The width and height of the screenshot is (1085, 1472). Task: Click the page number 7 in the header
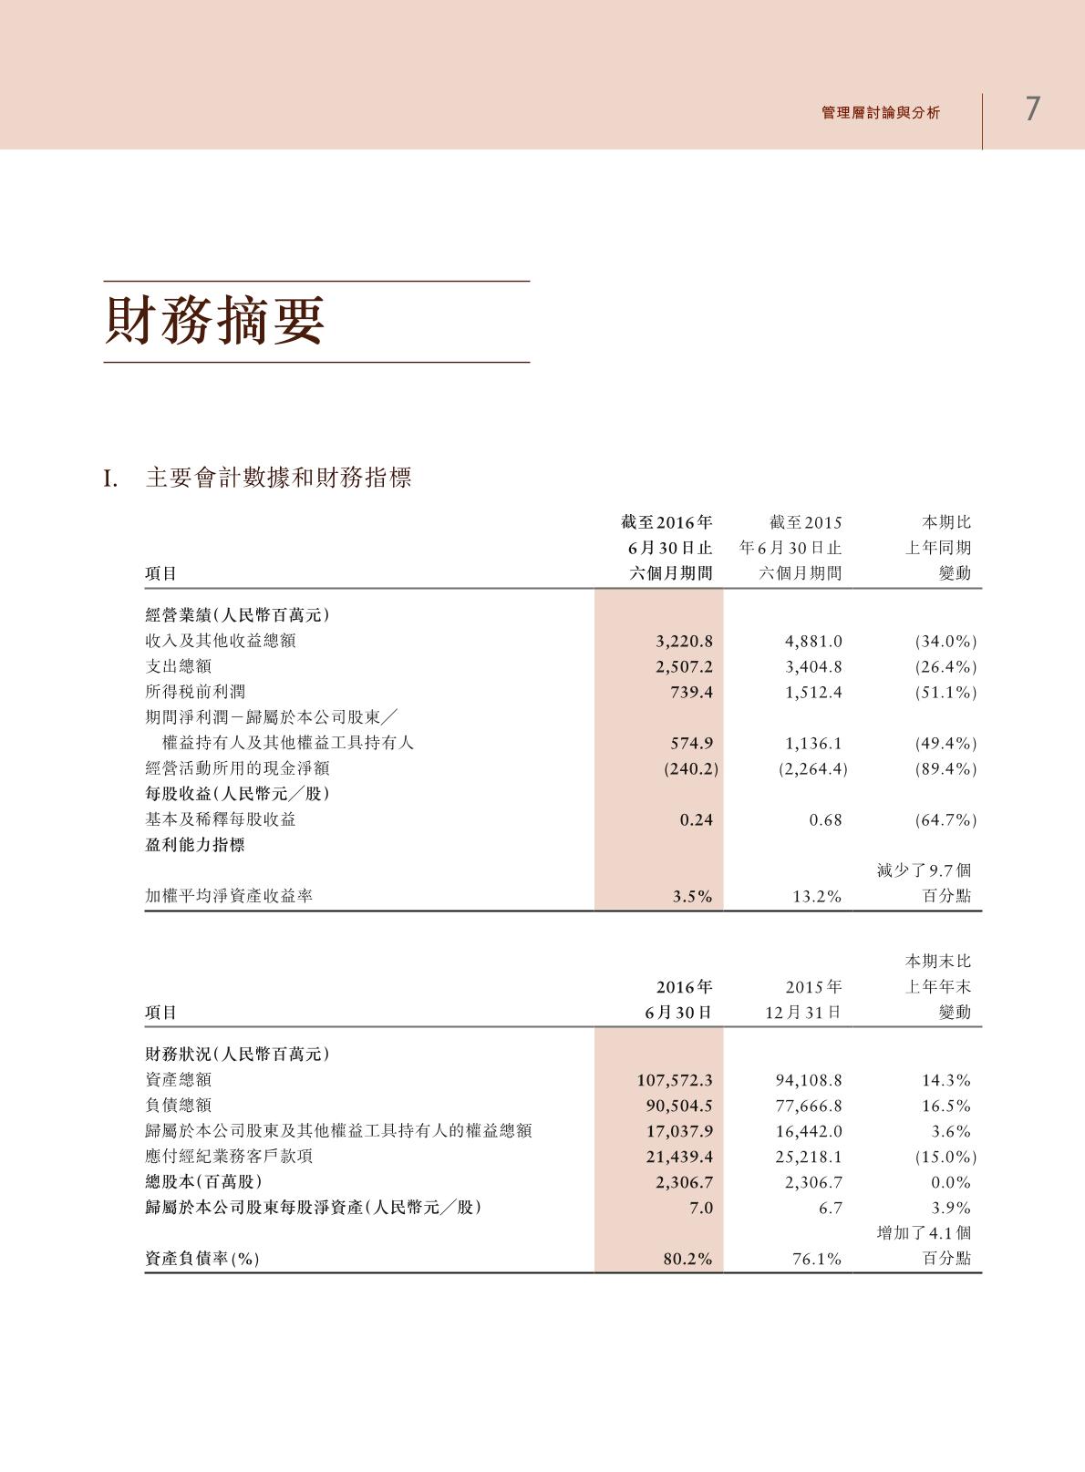pyautogui.click(x=1032, y=109)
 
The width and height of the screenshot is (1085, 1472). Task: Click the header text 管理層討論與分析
pyautogui.click(x=880, y=113)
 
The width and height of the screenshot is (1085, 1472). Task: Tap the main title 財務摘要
pyautogui.click(x=215, y=321)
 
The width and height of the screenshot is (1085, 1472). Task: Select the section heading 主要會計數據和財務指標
pyautogui.click(x=278, y=478)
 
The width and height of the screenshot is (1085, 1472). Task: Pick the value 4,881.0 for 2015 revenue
pyautogui.click(x=813, y=641)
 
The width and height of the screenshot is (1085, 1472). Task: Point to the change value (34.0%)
pyautogui.click(x=945, y=641)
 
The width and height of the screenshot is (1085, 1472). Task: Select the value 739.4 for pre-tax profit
pyautogui.click(x=691, y=692)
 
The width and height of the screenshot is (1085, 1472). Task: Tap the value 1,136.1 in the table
pyautogui.click(x=813, y=743)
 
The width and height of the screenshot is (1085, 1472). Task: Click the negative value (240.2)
pyautogui.click(x=690, y=768)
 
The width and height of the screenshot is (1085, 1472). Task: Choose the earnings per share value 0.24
pyautogui.click(x=697, y=819)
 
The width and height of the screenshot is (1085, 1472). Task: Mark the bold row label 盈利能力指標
pyautogui.click(x=195, y=845)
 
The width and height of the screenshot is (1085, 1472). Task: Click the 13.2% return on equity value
pyautogui.click(x=817, y=896)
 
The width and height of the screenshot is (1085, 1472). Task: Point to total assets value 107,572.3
pyautogui.click(x=675, y=1080)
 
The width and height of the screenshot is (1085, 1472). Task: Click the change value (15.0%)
pyautogui.click(x=945, y=1157)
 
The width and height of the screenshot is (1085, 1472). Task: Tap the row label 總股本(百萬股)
pyautogui.click(x=203, y=1182)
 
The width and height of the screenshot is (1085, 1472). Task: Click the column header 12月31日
pyautogui.click(x=803, y=1013)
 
